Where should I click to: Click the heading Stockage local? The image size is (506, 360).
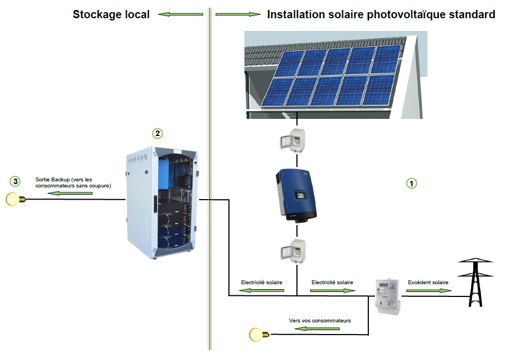tap(111, 15)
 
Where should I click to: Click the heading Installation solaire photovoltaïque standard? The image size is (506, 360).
tap(381, 15)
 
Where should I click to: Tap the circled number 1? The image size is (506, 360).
tap(411, 182)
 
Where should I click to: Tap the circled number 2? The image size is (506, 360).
tap(158, 133)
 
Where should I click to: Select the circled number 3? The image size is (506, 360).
tap(15, 181)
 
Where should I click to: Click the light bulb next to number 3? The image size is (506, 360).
tap(13, 199)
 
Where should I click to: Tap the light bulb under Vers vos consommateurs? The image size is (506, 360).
tap(257, 334)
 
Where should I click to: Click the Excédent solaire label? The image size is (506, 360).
tap(428, 283)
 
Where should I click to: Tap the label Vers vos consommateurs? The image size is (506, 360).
tap(320, 321)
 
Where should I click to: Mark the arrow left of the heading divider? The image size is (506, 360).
tap(181, 15)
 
